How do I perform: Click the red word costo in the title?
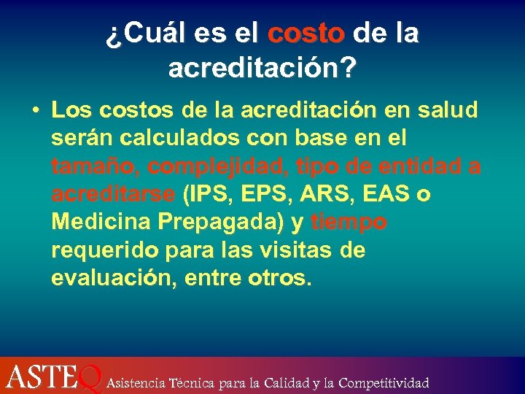click(306, 34)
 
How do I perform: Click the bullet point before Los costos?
click(35, 111)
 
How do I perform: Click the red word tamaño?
click(95, 166)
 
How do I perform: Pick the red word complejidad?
click(211, 166)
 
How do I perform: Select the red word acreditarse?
click(113, 195)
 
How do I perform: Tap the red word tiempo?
click(349, 223)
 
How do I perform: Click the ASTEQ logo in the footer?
click(51, 377)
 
